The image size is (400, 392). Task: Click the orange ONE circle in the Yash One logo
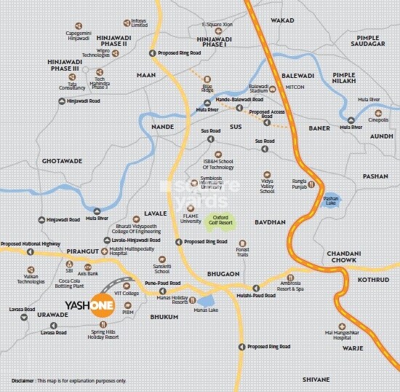coord(103,305)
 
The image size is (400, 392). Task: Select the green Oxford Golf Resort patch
coord(220,219)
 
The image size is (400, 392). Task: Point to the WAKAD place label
coord(283,21)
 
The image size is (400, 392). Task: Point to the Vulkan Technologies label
coord(31,278)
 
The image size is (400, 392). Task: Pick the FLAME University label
coord(191,218)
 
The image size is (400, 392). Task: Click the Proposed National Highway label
coord(30,243)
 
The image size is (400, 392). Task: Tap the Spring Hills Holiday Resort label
coord(102,334)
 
